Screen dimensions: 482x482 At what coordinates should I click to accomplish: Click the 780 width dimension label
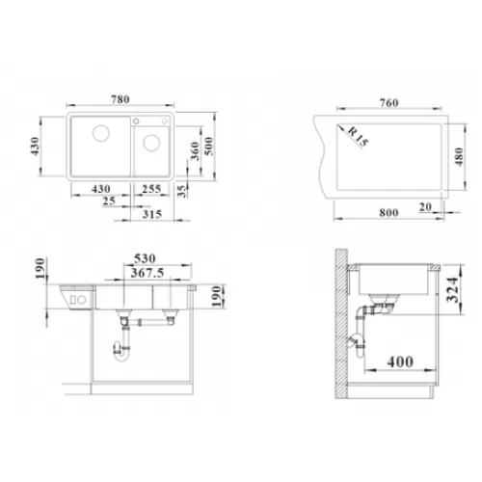point(120,99)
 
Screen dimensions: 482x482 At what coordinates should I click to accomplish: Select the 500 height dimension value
point(209,147)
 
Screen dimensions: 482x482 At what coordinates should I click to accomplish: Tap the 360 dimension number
point(195,151)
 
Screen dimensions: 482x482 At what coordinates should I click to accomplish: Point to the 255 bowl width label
point(151,189)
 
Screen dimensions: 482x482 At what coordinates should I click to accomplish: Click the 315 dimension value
point(152,214)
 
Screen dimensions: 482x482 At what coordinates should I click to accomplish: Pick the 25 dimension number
point(109,201)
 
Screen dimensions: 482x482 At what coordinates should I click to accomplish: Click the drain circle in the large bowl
point(101,133)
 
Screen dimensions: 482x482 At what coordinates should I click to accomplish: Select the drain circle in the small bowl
point(151,143)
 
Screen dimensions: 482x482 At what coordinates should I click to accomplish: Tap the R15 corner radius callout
point(359,137)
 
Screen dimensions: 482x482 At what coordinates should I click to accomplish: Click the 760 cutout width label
point(389,103)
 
